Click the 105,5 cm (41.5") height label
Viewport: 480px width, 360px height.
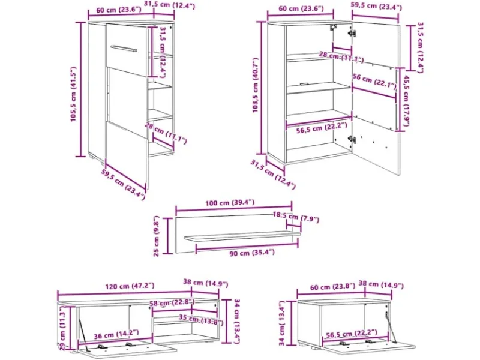(73, 94)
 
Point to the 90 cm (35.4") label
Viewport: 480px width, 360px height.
(252, 253)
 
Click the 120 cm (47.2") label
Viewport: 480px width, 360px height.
(130, 286)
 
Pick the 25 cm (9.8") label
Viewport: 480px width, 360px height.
(157, 236)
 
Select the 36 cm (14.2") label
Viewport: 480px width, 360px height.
(116, 334)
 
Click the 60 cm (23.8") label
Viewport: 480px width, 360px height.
(332, 287)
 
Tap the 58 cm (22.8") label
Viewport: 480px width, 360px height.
(172, 303)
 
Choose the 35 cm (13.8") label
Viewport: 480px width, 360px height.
(201, 320)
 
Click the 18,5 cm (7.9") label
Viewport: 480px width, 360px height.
(296, 217)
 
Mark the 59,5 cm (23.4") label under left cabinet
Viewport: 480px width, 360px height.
(123, 185)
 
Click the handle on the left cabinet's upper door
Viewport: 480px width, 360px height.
(124, 49)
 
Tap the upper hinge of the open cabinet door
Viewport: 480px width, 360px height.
(352, 32)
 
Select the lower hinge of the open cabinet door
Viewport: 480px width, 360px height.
(352, 140)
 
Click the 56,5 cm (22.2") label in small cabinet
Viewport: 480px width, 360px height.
(352, 334)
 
